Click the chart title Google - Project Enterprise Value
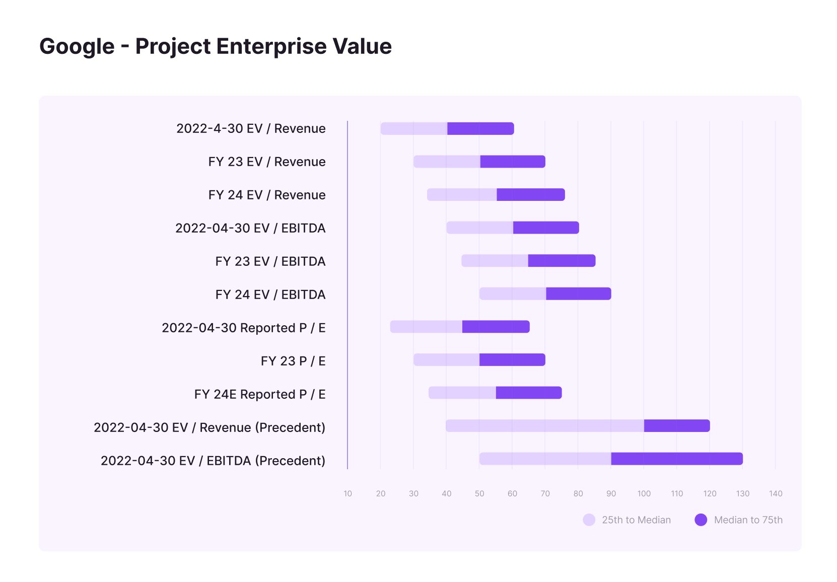(x=216, y=46)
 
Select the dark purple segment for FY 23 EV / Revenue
(x=513, y=162)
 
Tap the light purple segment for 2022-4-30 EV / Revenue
(x=414, y=129)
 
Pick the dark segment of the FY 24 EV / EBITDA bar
(x=578, y=294)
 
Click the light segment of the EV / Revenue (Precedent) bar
(x=545, y=426)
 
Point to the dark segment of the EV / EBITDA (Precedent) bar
(x=677, y=459)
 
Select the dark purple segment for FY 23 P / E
(x=512, y=360)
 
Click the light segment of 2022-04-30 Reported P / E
(x=426, y=327)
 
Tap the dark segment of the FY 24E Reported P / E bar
(x=529, y=393)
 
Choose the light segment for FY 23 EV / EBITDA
(x=495, y=261)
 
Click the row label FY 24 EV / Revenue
(x=267, y=195)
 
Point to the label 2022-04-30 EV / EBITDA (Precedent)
(x=213, y=461)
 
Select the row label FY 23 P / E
(x=293, y=361)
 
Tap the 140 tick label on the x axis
(x=776, y=494)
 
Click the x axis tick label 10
(x=348, y=494)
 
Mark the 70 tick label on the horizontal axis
(x=545, y=494)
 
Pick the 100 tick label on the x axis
(x=644, y=494)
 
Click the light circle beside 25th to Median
(x=589, y=520)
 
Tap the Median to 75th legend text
(x=748, y=520)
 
